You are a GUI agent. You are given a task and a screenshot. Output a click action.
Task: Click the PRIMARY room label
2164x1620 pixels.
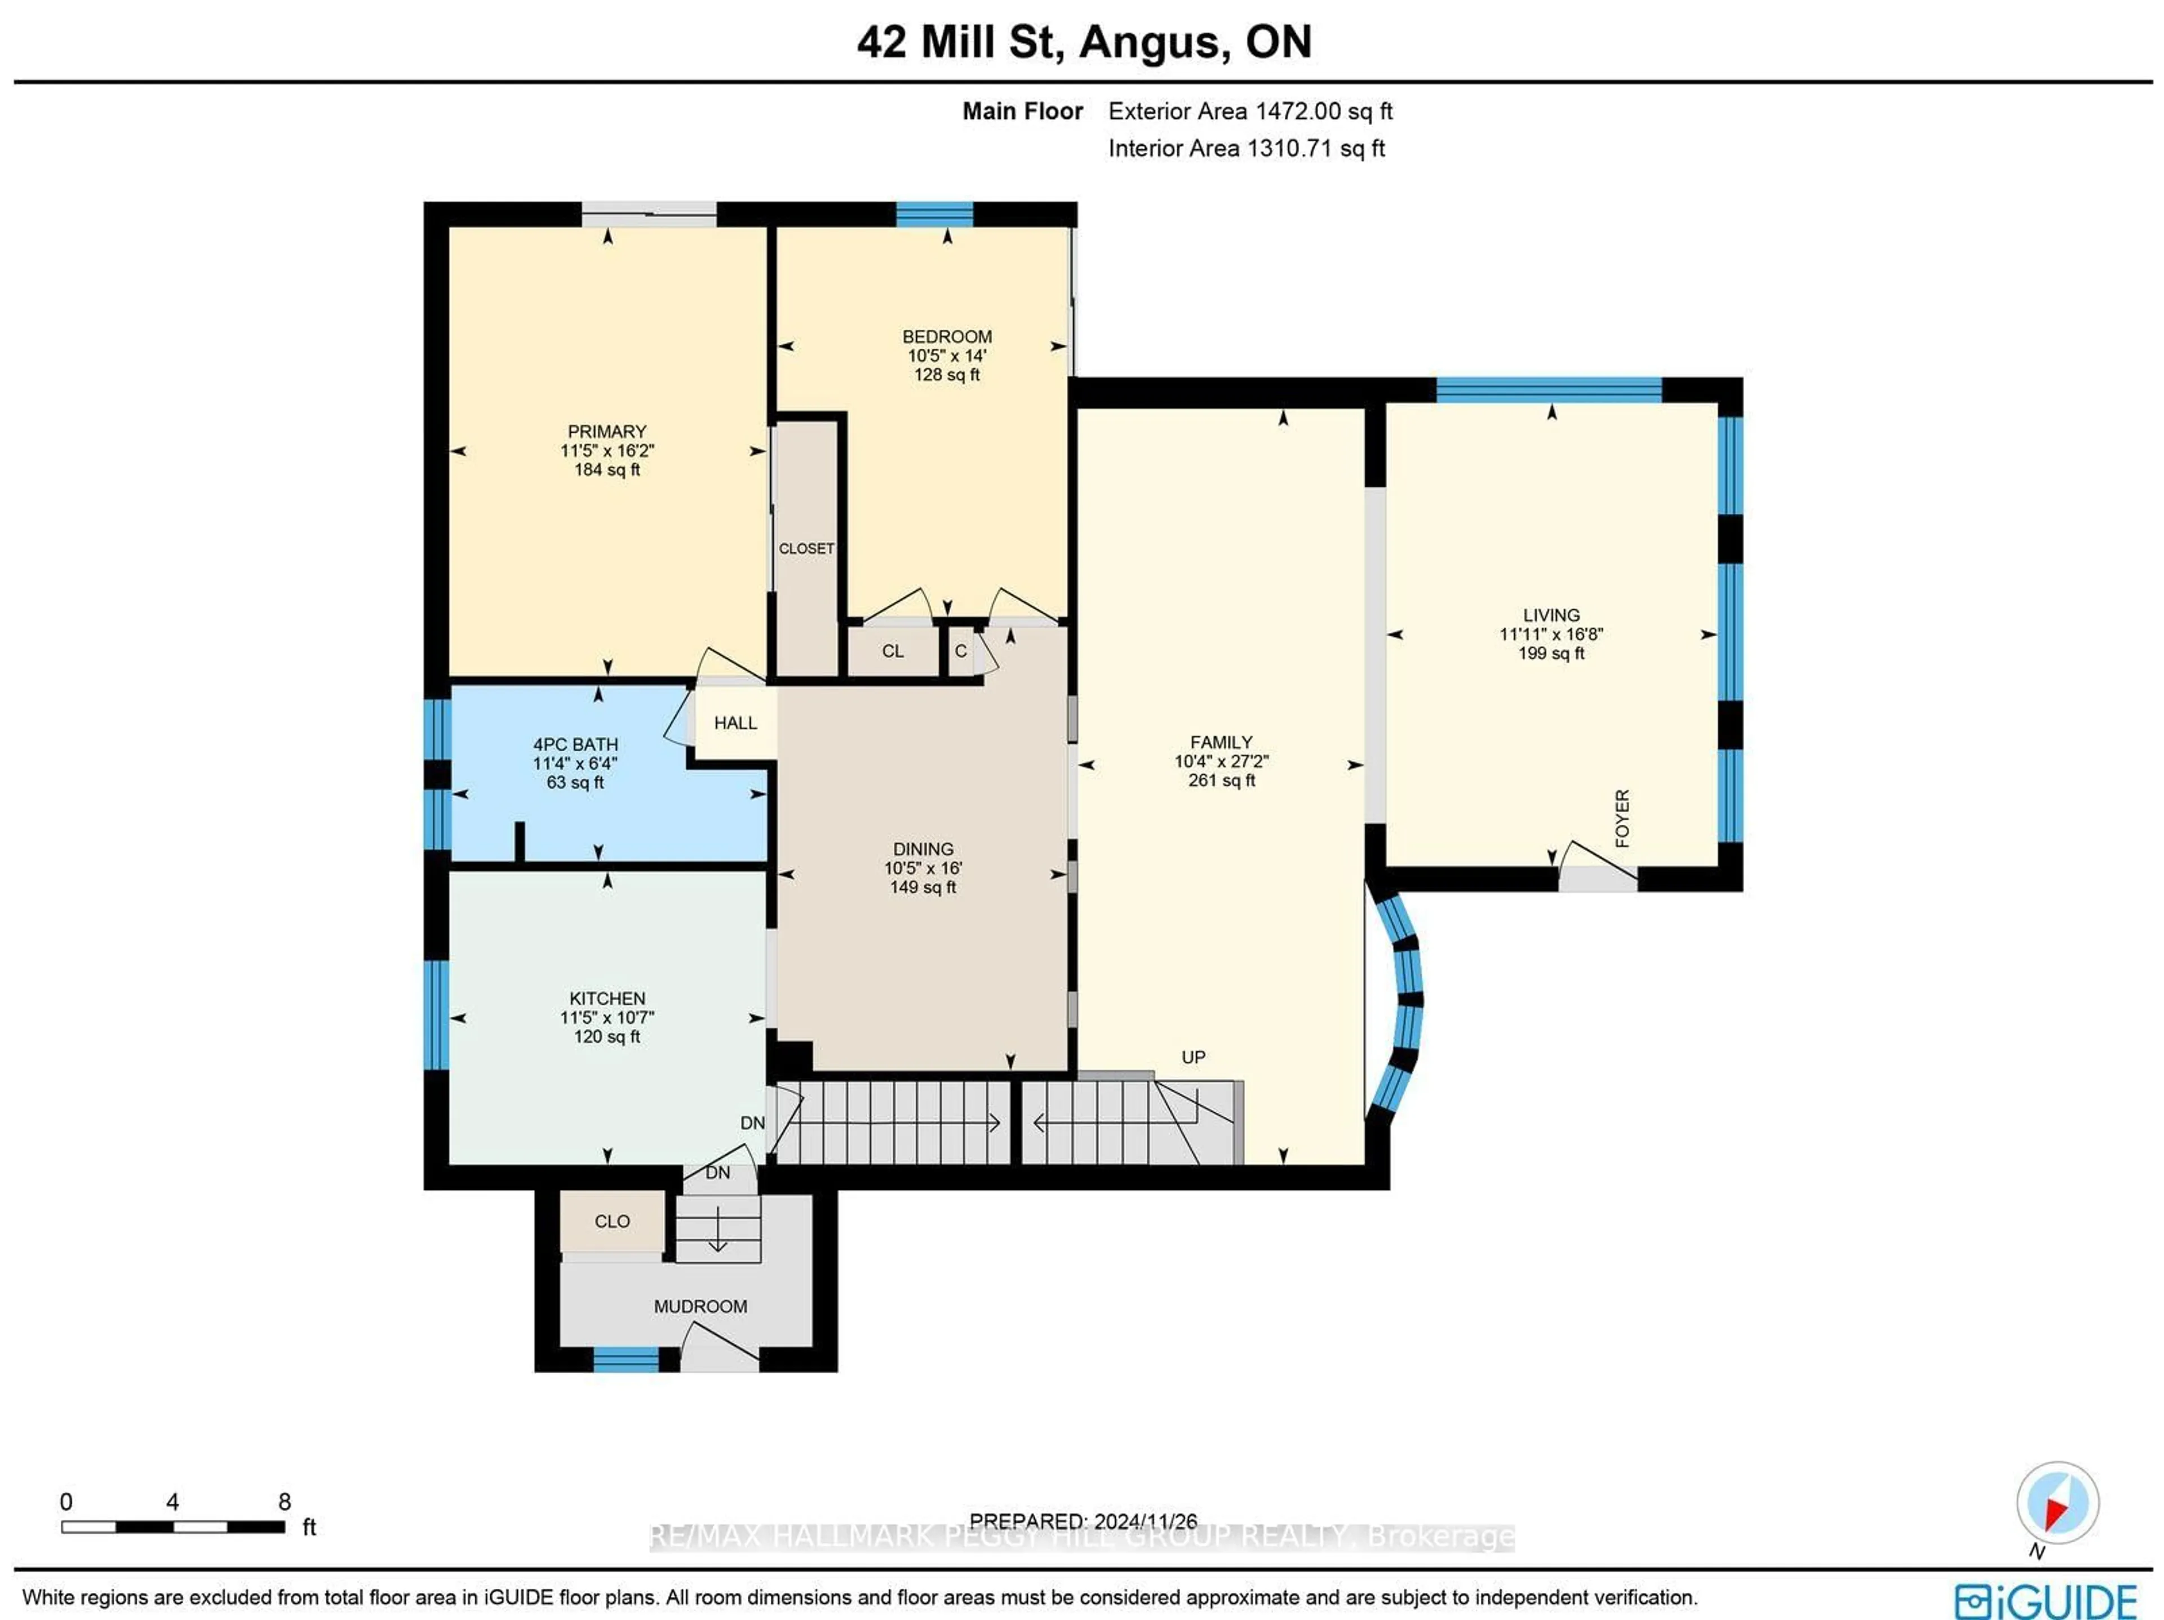[x=606, y=432]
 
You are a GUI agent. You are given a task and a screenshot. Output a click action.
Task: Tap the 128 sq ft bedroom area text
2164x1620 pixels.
[x=946, y=375]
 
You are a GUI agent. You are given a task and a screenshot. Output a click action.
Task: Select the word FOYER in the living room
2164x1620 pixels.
[x=1622, y=818]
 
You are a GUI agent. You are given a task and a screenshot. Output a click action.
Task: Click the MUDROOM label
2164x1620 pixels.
[x=700, y=1306]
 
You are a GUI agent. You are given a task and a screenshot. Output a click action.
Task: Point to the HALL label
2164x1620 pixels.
[x=735, y=723]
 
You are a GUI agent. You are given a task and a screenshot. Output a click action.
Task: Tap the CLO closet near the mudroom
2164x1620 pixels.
[x=613, y=1221]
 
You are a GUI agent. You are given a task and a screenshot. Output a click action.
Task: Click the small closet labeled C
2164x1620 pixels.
[x=961, y=651]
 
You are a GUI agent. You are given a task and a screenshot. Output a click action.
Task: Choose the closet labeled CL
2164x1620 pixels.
[x=892, y=651]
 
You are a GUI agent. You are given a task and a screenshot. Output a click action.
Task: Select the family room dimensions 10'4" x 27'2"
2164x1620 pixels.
[x=1221, y=761]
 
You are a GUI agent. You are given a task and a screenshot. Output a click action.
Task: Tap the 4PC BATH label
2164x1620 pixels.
[x=575, y=744]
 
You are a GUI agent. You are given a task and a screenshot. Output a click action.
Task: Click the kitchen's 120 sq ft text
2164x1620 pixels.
[x=606, y=1037]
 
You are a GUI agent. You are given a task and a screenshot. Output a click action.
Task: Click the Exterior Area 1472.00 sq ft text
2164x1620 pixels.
[x=1249, y=112]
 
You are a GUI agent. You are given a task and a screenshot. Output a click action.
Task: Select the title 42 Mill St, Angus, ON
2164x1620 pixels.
[x=1083, y=42]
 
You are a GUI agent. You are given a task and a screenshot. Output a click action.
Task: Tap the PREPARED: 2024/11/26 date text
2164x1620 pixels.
[x=1083, y=1521]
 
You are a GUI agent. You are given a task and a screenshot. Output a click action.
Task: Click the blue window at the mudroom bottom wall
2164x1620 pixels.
[x=626, y=1360]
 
